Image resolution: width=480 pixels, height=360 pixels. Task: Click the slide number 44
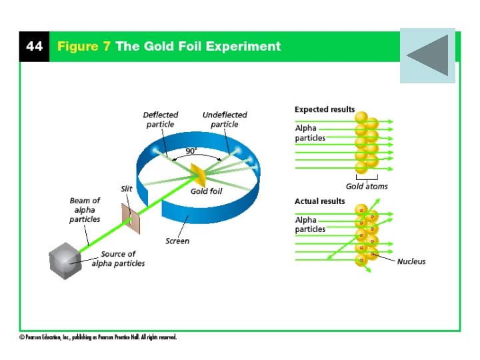[34, 47]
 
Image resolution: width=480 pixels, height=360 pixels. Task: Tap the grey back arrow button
[427, 55]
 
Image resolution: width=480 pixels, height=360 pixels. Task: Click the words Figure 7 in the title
[84, 47]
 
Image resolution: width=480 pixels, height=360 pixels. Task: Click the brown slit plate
[131, 219]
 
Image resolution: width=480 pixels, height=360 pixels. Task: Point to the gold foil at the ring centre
[199, 176]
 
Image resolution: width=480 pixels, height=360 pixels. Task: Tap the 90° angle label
[191, 151]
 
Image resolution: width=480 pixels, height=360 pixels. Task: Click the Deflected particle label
[160, 119]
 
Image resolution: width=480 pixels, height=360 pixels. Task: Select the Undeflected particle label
[225, 119]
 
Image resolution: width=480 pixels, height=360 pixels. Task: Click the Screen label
[177, 241]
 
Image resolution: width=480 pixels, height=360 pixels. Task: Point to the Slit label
[126, 189]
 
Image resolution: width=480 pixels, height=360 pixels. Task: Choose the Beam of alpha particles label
[85, 209]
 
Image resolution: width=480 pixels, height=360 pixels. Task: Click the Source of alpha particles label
[118, 259]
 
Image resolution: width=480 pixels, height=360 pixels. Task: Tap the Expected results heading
[325, 109]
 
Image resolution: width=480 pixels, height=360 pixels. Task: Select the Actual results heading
[320, 201]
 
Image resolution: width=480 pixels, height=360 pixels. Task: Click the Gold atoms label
[367, 187]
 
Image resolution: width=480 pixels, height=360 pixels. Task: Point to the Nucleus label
[411, 261]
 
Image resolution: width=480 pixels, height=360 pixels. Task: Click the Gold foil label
[206, 192]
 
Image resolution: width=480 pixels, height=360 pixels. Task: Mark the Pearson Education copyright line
[98, 337]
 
